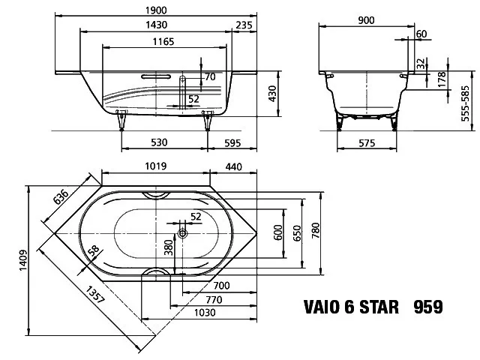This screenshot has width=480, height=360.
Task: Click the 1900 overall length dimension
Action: tap(156, 10)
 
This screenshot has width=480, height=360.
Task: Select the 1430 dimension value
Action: tap(156, 25)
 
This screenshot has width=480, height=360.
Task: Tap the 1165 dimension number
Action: tap(163, 41)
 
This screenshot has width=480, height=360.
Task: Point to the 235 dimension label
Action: tap(244, 25)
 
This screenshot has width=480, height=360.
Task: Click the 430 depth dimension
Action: tap(272, 94)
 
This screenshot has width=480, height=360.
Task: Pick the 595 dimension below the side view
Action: tap(232, 143)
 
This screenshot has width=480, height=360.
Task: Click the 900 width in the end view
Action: tap(366, 20)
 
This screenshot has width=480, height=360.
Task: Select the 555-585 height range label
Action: tap(465, 103)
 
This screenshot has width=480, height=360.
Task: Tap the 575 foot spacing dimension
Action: tap(367, 143)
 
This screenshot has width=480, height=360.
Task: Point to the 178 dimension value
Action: tap(442, 79)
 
